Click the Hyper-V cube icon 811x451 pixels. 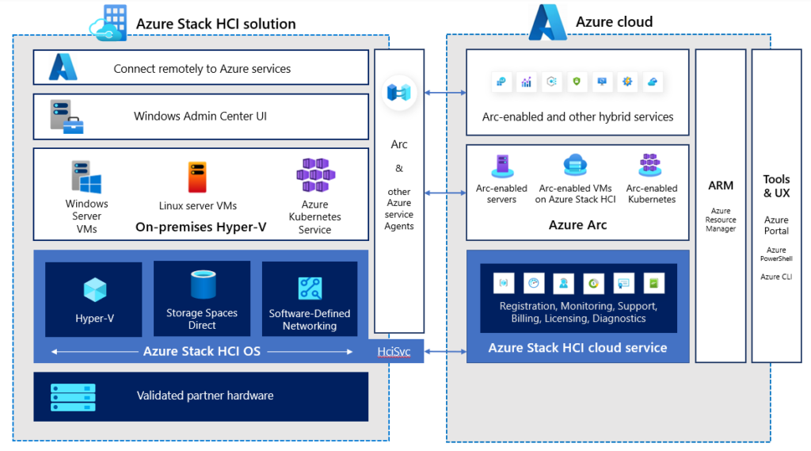coord(94,289)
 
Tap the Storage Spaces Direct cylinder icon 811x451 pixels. coord(202,285)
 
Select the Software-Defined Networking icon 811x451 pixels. coord(310,288)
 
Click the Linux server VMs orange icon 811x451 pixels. coord(197,177)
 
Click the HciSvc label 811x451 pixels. coord(394,351)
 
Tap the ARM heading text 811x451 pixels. coord(721,185)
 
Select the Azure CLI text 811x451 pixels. coord(776,277)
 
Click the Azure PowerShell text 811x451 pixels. coord(776,254)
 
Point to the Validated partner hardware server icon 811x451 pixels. coord(73,395)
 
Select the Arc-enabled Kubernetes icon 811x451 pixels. coord(651,165)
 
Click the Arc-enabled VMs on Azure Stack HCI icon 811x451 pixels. coord(576,165)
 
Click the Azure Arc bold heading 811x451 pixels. coord(577,225)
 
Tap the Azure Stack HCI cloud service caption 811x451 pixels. coord(577,347)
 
